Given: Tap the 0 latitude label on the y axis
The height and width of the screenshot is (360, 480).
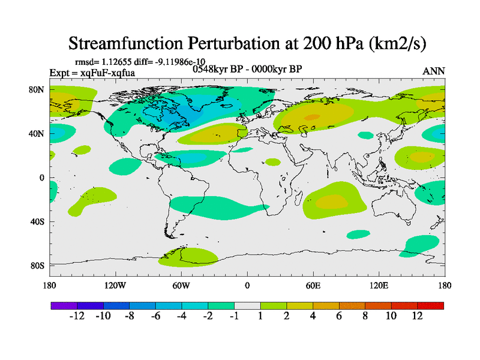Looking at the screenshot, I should (42, 178).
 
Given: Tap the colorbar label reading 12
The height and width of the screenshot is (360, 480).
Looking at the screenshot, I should (418, 316).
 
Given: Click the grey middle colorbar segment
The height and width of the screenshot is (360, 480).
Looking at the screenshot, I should (247, 305).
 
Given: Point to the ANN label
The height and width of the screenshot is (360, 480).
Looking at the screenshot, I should (434, 71).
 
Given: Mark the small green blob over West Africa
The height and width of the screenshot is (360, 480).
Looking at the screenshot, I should (273, 162).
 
